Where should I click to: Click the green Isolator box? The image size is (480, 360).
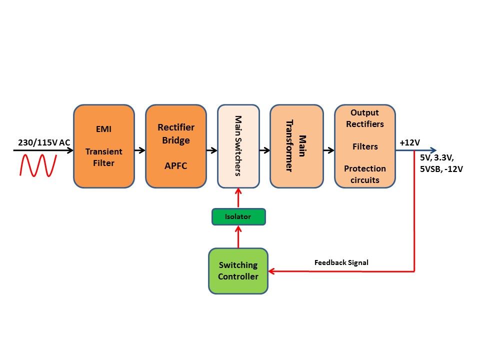pos(238,216)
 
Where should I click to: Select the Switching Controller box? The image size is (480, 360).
pos(238,270)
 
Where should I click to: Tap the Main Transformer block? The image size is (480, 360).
pos(296,146)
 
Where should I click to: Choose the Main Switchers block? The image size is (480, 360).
pos(238,146)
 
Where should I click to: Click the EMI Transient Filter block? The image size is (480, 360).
pos(104,146)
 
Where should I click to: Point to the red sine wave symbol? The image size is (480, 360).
pos(38,165)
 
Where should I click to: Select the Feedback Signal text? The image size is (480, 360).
pos(341,262)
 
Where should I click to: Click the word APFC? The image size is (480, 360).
pos(175,165)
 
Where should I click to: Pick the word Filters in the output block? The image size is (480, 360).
pos(364,146)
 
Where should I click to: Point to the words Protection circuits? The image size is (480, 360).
pos(364,174)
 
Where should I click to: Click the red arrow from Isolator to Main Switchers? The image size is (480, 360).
pos(238,198)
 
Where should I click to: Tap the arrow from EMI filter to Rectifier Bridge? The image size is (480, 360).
pos(139,149)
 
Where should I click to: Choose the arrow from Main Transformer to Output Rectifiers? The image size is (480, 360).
pos(328,149)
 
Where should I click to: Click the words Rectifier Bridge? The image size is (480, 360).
pos(175,133)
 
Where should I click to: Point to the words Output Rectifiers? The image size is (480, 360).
pos(364,118)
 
